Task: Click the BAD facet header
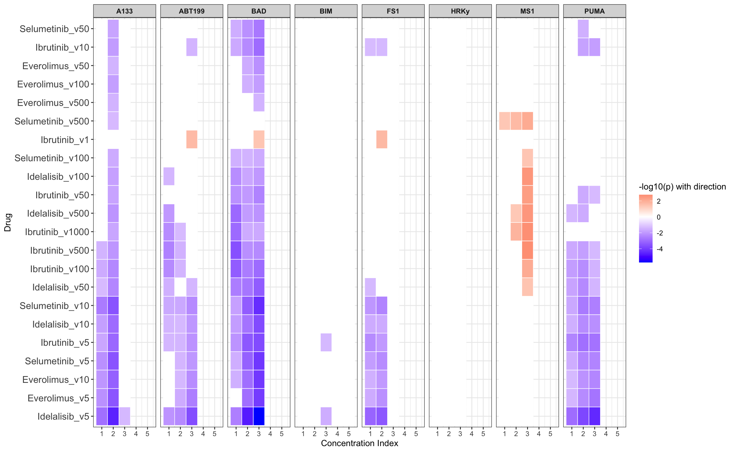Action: [259, 11]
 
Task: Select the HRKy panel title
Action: [460, 11]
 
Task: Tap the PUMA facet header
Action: [594, 11]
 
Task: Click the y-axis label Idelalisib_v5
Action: [63, 416]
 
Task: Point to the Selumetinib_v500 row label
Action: [52, 121]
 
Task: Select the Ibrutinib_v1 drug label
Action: [65, 139]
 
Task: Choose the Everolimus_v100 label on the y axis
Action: [53, 84]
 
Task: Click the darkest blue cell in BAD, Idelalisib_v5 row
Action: [259, 416]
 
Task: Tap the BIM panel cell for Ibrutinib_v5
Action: [326, 342]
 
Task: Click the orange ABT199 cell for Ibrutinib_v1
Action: [191, 139]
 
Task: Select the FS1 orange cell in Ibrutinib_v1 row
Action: [381, 139]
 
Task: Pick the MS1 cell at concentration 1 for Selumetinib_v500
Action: [504, 121]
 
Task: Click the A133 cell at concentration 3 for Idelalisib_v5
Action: [125, 416]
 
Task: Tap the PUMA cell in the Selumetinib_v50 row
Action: [583, 29]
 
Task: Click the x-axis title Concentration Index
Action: [359, 443]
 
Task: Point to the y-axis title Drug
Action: [8, 222]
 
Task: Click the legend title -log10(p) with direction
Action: [682, 187]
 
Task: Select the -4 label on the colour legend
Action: [660, 249]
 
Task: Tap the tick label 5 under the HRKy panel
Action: [483, 434]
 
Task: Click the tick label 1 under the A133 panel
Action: [102, 434]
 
